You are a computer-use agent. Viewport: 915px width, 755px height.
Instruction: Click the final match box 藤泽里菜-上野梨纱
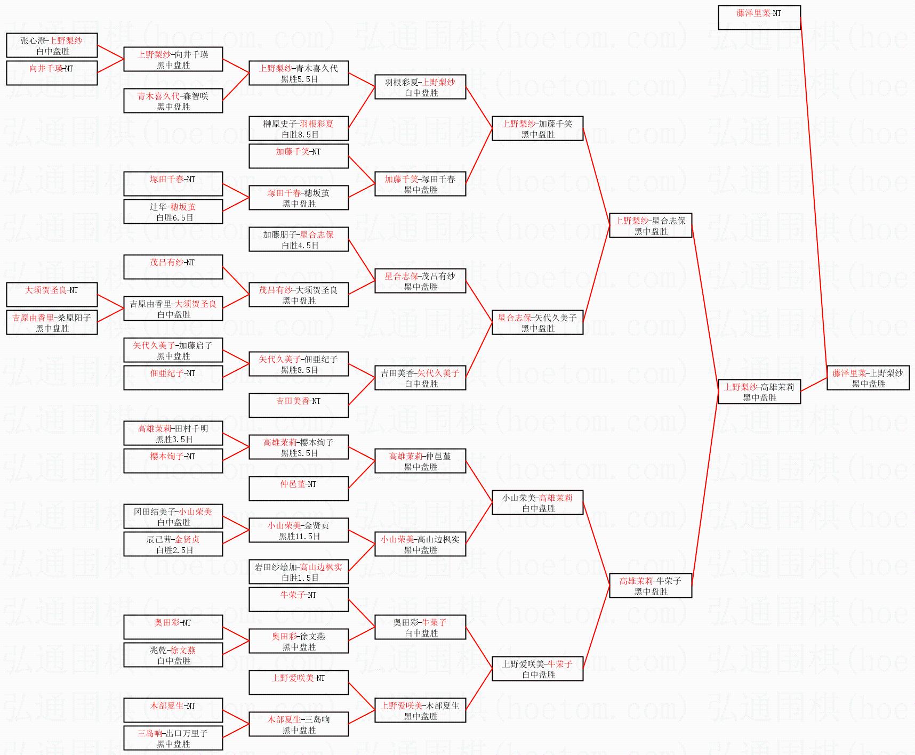pyautogui.click(x=868, y=378)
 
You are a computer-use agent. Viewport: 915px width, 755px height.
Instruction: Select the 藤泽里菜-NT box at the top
pyautogui.click(x=759, y=18)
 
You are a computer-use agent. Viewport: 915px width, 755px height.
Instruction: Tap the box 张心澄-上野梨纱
pyautogui.click(x=52, y=45)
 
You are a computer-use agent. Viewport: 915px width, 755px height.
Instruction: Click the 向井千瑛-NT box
pyautogui.click(x=52, y=73)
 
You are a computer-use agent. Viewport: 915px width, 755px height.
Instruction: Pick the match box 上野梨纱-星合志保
pyautogui.click(x=650, y=225)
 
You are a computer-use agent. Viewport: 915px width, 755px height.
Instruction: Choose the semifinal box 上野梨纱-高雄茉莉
pyautogui.click(x=759, y=392)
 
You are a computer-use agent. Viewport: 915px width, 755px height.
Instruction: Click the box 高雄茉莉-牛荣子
pyautogui.click(x=650, y=586)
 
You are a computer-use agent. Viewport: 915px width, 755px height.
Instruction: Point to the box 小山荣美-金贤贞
pyautogui.click(x=299, y=530)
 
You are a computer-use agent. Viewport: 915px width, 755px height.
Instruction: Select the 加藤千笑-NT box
pyautogui.click(x=299, y=156)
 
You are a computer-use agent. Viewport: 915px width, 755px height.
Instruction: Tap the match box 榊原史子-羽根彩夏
pyautogui.click(x=299, y=128)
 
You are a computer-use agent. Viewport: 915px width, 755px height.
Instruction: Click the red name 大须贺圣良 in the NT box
pyautogui.click(x=46, y=290)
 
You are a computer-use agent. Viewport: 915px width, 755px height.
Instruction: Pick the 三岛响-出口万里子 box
pyautogui.click(x=173, y=738)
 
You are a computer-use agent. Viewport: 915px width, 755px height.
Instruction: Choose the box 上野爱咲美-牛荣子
pyautogui.click(x=537, y=669)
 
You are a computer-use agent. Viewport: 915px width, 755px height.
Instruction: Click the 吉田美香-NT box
pyautogui.click(x=299, y=405)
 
